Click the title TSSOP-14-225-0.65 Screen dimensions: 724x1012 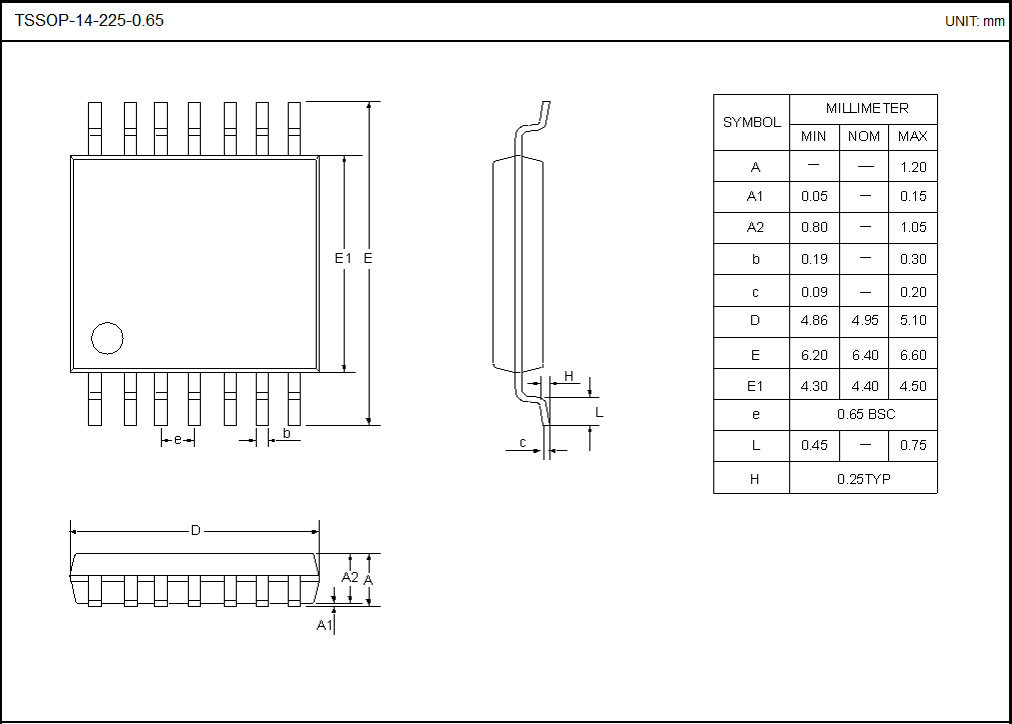89,20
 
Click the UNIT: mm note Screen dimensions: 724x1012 974,21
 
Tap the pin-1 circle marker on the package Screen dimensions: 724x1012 107,338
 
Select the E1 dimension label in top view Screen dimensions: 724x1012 343,258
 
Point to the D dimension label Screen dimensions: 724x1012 196,530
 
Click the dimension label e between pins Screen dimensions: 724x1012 178,440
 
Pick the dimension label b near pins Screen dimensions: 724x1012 287,433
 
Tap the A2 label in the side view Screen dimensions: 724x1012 350,577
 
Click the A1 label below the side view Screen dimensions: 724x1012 324,625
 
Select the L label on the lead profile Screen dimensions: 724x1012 599,412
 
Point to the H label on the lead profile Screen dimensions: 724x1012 569,376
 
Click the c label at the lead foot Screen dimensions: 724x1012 522,443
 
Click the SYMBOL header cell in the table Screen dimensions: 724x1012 751,122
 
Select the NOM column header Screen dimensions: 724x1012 864,136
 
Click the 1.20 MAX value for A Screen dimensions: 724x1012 913,167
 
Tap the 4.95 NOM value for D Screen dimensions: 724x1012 864,321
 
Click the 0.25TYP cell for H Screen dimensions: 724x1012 864,479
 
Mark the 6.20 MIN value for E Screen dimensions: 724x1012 814,355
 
